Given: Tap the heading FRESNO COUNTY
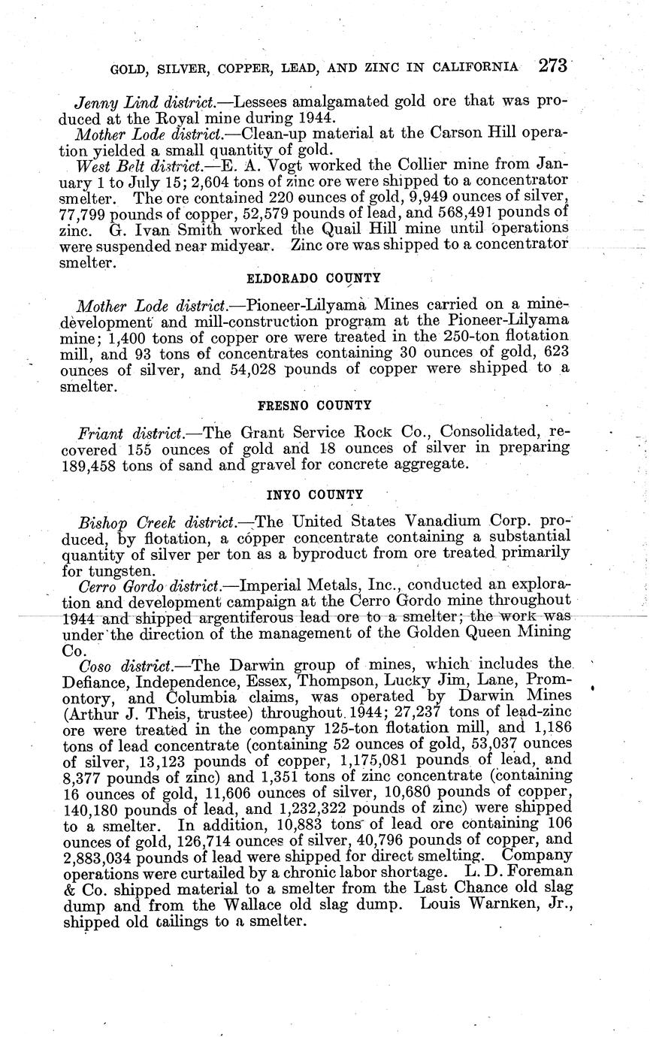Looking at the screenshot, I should (314, 405).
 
